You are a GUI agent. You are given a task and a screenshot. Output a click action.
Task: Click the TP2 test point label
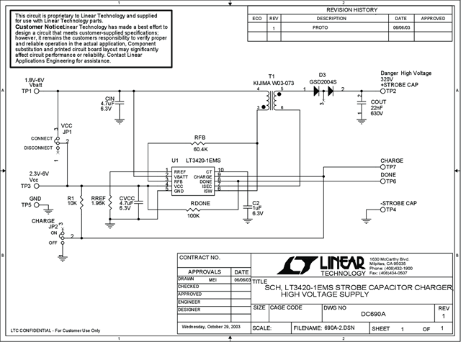391,91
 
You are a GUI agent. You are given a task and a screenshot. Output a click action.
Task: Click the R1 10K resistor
82,202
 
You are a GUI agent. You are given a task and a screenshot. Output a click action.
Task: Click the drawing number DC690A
375,313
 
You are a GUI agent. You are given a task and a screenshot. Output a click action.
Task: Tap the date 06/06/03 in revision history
401,27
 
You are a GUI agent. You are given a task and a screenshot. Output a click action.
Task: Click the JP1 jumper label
67,132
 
